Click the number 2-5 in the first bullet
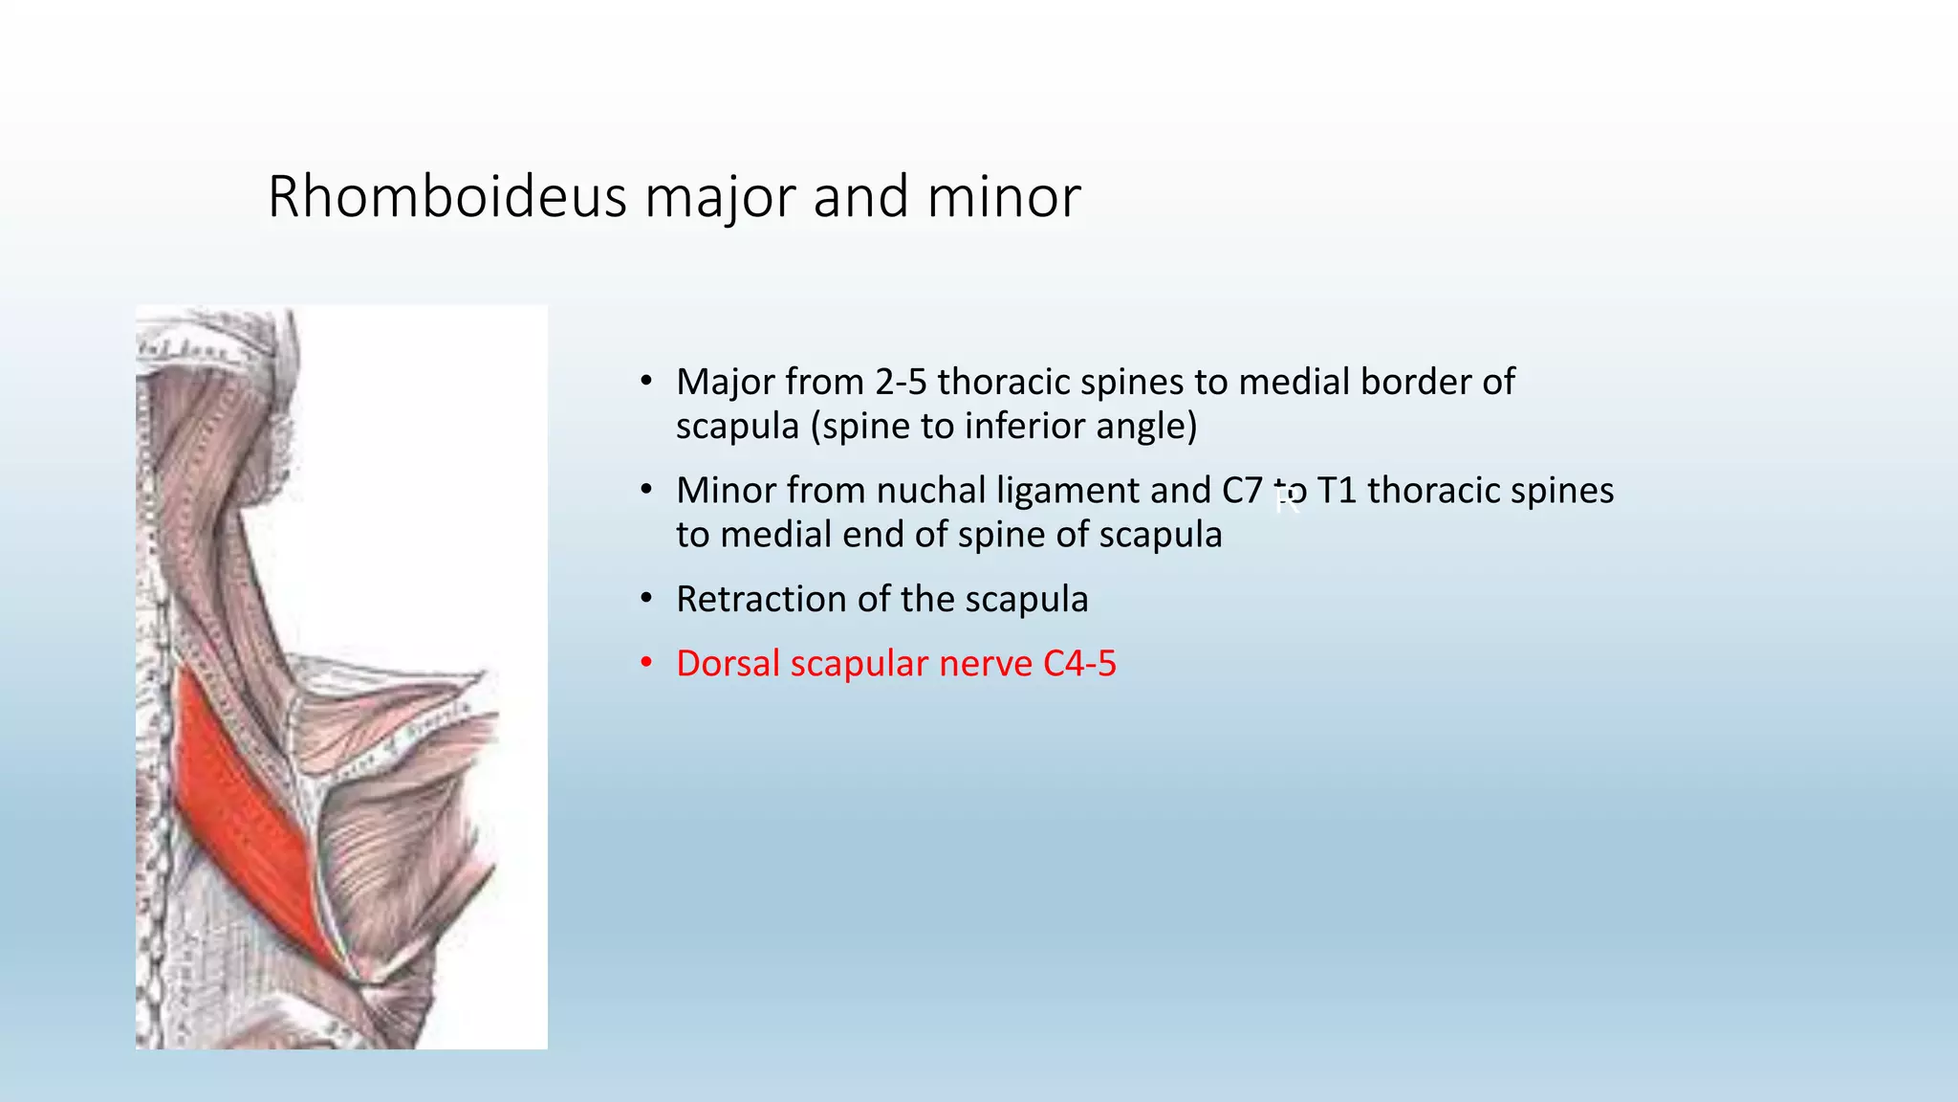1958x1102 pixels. [901, 383]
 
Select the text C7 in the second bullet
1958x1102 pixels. [1242, 491]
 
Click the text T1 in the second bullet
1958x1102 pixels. [1337, 491]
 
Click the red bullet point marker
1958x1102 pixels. [646, 663]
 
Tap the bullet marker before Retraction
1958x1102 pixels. [646, 599]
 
